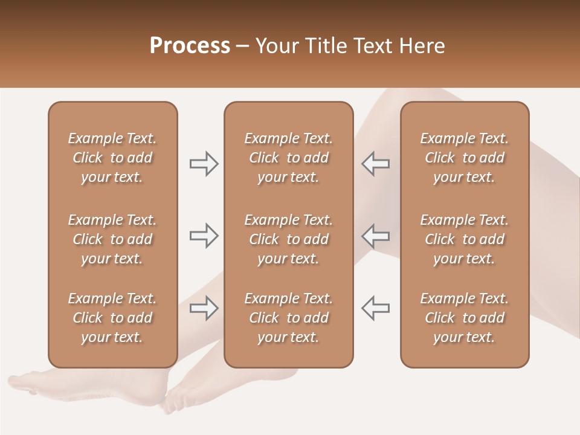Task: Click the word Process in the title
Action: pos(190,46)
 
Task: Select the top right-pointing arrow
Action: pos(204,164)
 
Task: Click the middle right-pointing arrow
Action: pos(204,236)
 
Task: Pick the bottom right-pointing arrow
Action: pos(204,308)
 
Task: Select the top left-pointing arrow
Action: pos(375,164)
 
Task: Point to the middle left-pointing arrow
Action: pos(375,236)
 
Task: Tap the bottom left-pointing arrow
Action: pos(375,308)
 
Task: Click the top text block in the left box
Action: pos(112,158)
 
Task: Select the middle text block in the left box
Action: pos(112,239)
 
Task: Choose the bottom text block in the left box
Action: pos(112,318)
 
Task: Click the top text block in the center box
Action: pos(288,158)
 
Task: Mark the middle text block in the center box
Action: pos(288,239)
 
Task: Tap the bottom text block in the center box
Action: pos(288,318)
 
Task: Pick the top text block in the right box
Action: pos(464,158)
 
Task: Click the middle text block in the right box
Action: pos(464,239)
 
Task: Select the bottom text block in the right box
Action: pos(464,318)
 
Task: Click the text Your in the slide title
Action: pos(275,46)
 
